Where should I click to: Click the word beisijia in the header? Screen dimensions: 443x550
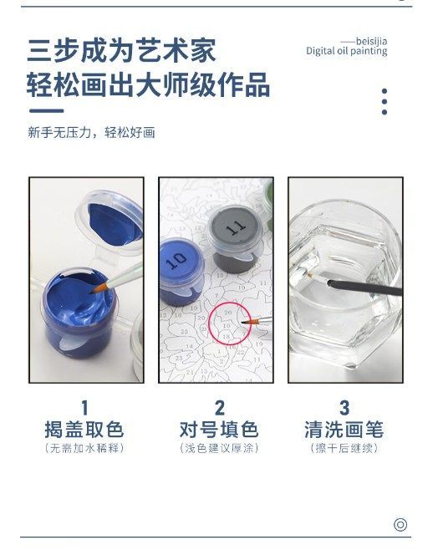pos(371,42)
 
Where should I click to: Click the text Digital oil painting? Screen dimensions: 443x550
pos(347,51)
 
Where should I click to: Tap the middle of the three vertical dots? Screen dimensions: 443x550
pos(384,102)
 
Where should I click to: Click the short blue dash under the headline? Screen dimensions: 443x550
pos(46,111)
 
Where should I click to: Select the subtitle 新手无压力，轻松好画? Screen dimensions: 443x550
pos(91,133)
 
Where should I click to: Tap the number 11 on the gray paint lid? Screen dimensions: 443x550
pos(236,228)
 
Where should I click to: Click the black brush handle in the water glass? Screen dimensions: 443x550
pos(364,287)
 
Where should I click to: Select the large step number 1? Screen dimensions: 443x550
pos(84,408)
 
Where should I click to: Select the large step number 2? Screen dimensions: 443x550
pos(220,408)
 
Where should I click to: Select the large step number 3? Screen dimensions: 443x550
pos(344,408)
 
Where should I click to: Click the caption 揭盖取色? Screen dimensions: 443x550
pos(84,430)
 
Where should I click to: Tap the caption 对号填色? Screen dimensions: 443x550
pos(219,430)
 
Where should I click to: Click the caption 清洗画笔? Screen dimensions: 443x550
pos(344,430)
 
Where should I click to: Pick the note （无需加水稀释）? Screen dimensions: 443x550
pos(84,448)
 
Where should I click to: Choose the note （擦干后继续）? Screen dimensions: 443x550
pos(344,448)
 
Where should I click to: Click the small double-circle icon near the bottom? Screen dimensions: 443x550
pos(400,525)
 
